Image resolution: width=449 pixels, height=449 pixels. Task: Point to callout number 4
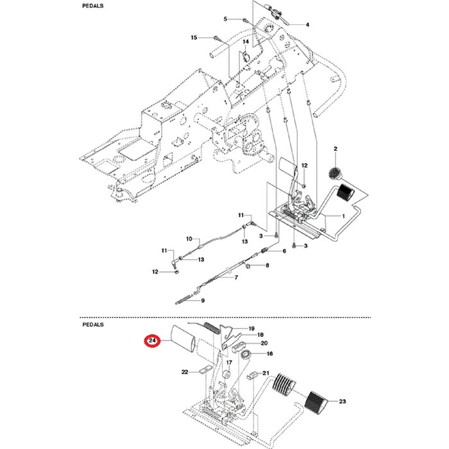click(x=307, y=25)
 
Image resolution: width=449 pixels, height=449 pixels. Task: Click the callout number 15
click(x=194, y=38)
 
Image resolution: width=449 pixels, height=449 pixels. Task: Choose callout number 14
click(x=244, y=42)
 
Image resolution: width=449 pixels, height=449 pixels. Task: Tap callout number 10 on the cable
click(x=189, y=239)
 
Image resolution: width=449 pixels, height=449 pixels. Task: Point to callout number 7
click(x=236, y=278)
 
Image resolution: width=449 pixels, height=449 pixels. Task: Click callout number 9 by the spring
click(x=202, y=300)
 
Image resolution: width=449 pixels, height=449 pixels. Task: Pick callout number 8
click(x=267, y=265)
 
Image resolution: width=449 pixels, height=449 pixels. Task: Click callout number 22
click(x=185, y=371)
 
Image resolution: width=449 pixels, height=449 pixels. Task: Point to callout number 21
click(x=266, y=373)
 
